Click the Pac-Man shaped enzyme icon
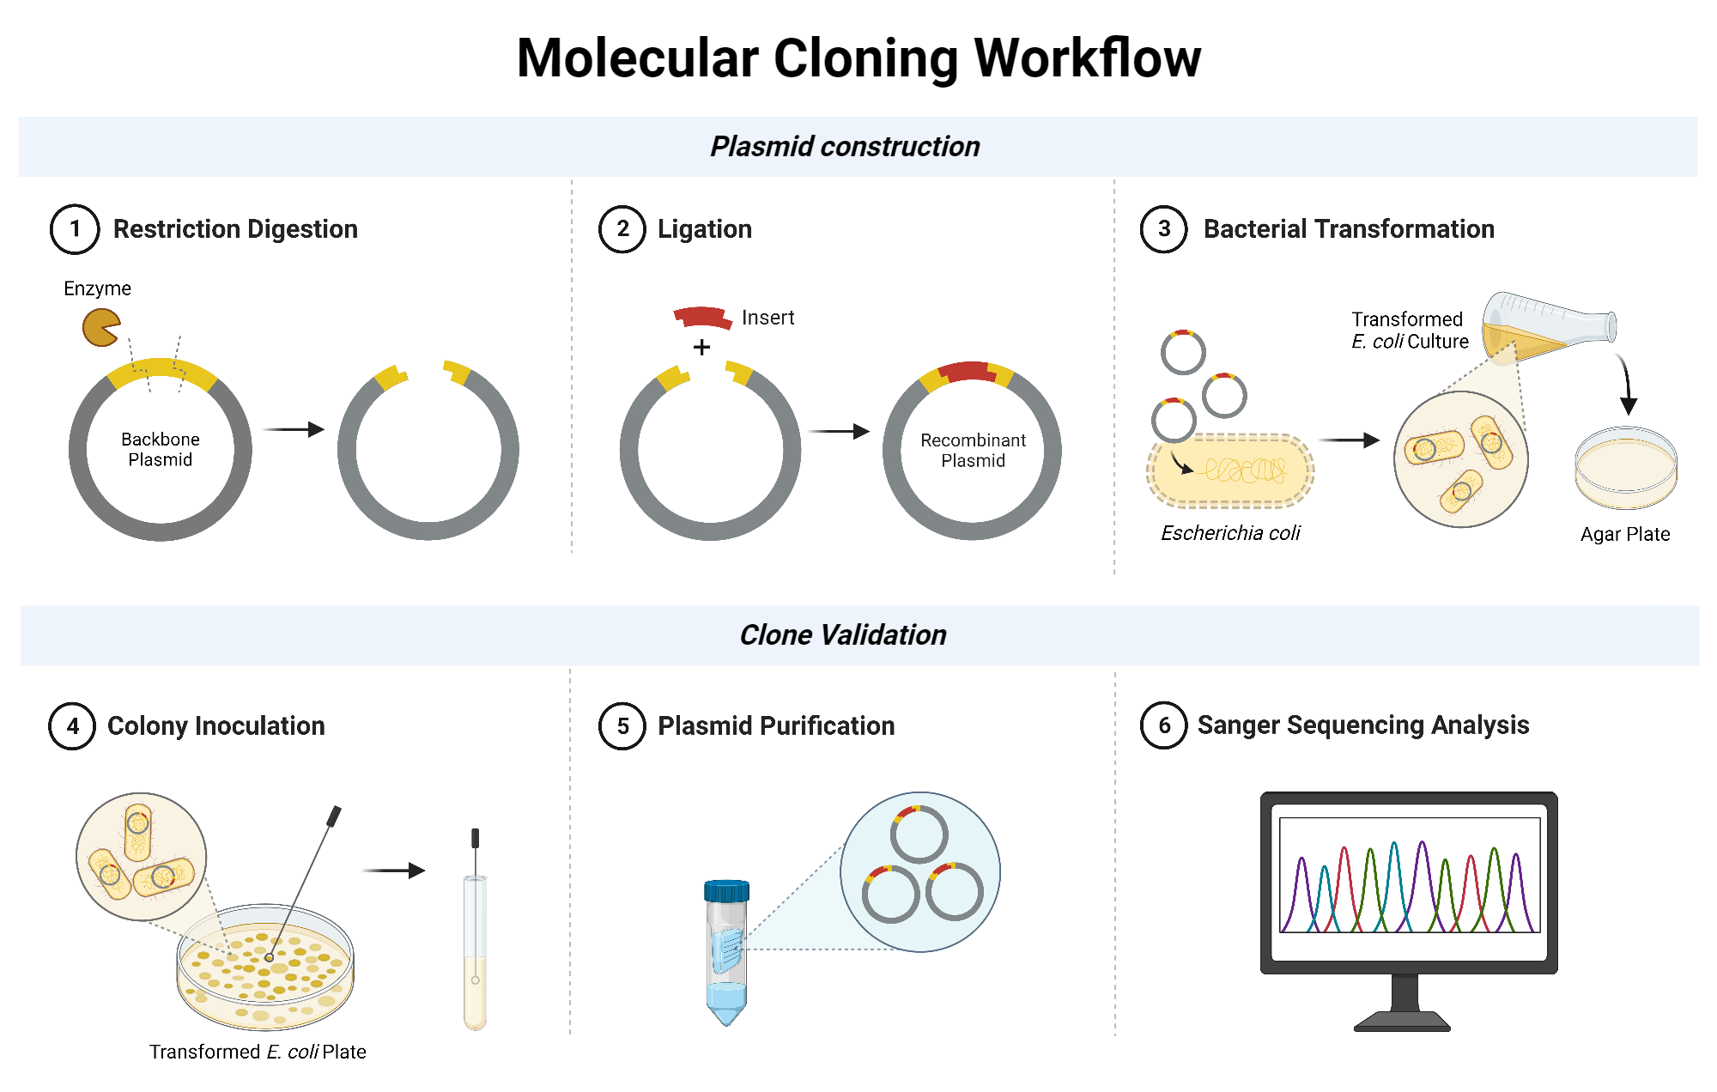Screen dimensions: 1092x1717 click(x=100, y=328)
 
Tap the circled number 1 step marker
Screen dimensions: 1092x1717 click(x=75, y=229)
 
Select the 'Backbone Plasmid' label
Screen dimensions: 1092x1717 click(x=161, y=450)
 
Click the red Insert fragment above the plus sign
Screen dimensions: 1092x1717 click(x=701, y=317)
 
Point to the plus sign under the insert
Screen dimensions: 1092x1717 click(x=702, y=348)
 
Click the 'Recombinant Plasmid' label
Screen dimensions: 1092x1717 click(x=973, y=451)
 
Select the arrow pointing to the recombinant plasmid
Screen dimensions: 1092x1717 click(x=838, y=432)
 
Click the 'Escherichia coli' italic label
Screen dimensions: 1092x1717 click(x=1230, y=533)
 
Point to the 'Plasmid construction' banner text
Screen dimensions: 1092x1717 click(x=845, y=147)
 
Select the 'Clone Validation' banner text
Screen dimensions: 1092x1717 click(x=843, y=635)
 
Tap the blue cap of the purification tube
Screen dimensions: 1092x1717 click(x=726, y=891)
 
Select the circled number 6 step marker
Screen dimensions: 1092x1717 click(x=1163, y=725)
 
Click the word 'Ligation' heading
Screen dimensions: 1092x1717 click(x=704, y=229)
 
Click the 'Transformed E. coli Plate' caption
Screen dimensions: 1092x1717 click(x=258, y=1052)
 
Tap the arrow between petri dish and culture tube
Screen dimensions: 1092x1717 click(x=393, y=871)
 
